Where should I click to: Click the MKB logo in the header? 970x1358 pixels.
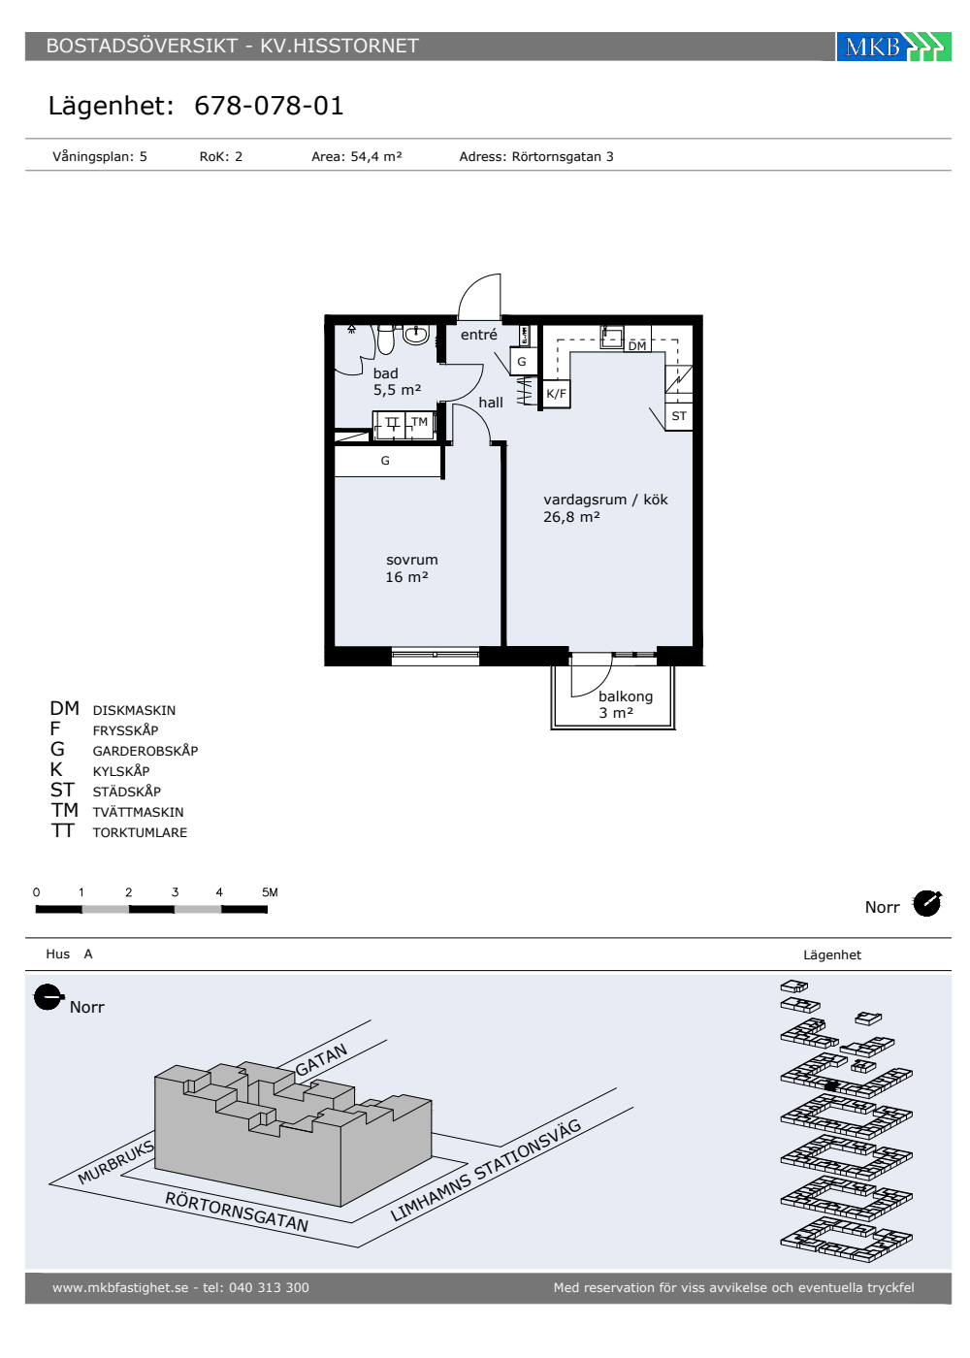click(x=893, y=47)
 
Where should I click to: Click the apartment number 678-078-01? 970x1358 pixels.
click(x=269, y=106)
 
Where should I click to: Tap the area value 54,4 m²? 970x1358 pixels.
click(x=376, y=156)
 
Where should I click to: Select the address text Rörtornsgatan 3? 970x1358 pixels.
click(x=563, y=156)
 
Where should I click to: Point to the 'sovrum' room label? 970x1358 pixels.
click(x=411, y=560)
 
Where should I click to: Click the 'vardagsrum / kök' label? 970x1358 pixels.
click(x=605, y=500)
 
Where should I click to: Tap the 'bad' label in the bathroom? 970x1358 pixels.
click(x=386, y=373)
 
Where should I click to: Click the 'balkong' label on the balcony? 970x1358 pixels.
click(x=625, y=696)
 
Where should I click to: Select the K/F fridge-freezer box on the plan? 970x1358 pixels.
click(x=556, y=394)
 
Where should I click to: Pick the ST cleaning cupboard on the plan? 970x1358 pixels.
click(x=679, y=416)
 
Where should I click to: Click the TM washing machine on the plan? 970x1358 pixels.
click(x=419, y=422)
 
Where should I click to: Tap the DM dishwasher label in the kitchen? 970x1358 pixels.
click(x=637, y=346)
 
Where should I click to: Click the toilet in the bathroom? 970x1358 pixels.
click(x=386, y=339)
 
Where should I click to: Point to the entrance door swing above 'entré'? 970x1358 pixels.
click(x=479, y=297)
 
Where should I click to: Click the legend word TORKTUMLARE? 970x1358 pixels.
click(x=140, y=833)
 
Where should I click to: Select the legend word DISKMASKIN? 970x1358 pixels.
click(x=134, y=710)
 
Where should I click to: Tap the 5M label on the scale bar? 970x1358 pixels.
click(x=270, y=892)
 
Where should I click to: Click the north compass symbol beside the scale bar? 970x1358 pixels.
click(x=927, y=903)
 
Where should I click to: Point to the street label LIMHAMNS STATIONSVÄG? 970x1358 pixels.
click(x=486, y=1170)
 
